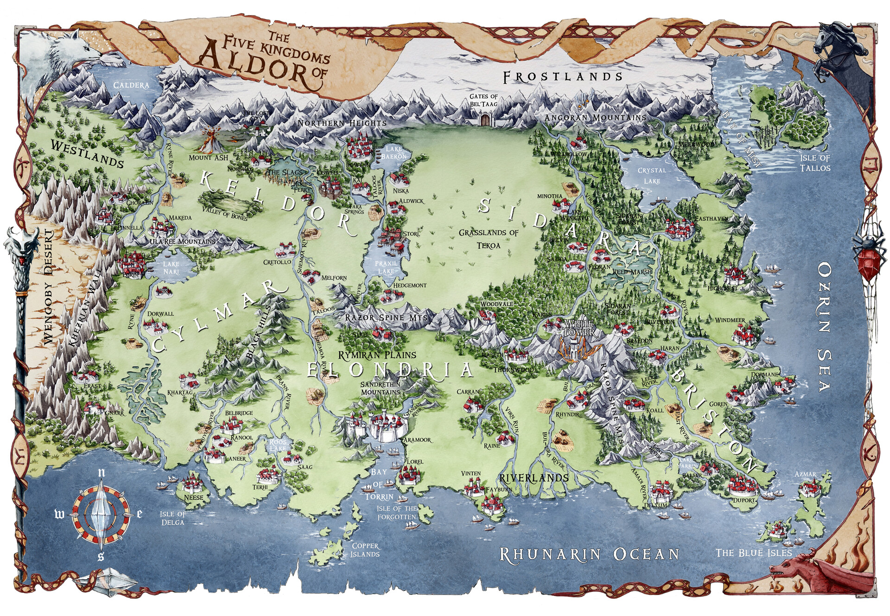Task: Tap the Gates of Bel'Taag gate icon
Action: click(485, 120)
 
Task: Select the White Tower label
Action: click(578, 327)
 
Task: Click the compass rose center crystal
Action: click(101, 514)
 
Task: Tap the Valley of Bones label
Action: click(225, 215)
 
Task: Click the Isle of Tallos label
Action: click(815, 163)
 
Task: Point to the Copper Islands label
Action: click(365, 550)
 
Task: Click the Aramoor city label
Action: click(417, 439)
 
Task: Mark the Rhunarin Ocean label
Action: click(589, 554)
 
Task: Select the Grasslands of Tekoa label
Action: click(488, 238)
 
